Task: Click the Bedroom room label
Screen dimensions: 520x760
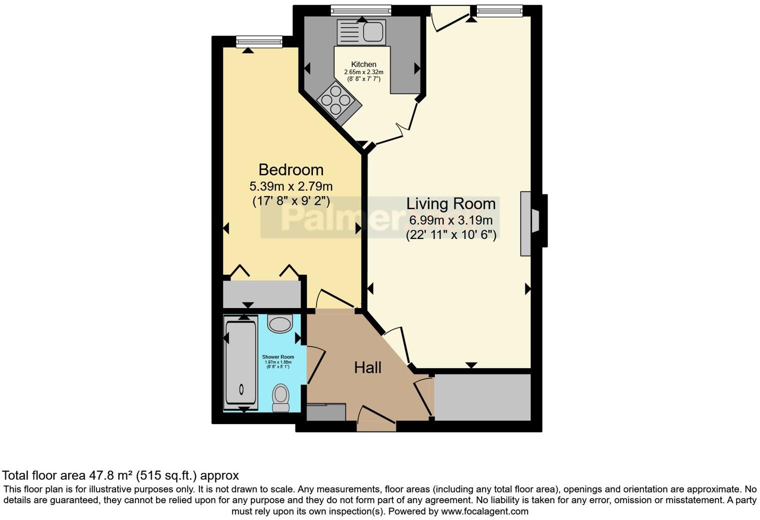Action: point(290,169)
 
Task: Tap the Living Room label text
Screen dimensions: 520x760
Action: point(450,203)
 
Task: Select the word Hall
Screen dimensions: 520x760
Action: point(367,367)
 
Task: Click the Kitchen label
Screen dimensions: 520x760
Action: point(363,64)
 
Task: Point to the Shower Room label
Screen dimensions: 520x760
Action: point(278,357)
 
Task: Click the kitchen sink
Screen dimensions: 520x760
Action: point(361,32)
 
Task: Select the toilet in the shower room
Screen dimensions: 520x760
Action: point(280,397)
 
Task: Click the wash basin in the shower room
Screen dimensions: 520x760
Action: point(279,324)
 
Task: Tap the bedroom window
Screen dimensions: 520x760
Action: point(259,42)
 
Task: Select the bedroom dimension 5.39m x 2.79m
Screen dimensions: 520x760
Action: point(290,186)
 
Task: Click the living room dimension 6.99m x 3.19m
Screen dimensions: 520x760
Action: point(450,220)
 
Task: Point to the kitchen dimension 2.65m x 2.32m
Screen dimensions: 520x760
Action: point(363,72)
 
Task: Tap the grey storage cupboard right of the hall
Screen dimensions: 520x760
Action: point(482,397)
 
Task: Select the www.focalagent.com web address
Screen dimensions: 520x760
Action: point(484,511)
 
